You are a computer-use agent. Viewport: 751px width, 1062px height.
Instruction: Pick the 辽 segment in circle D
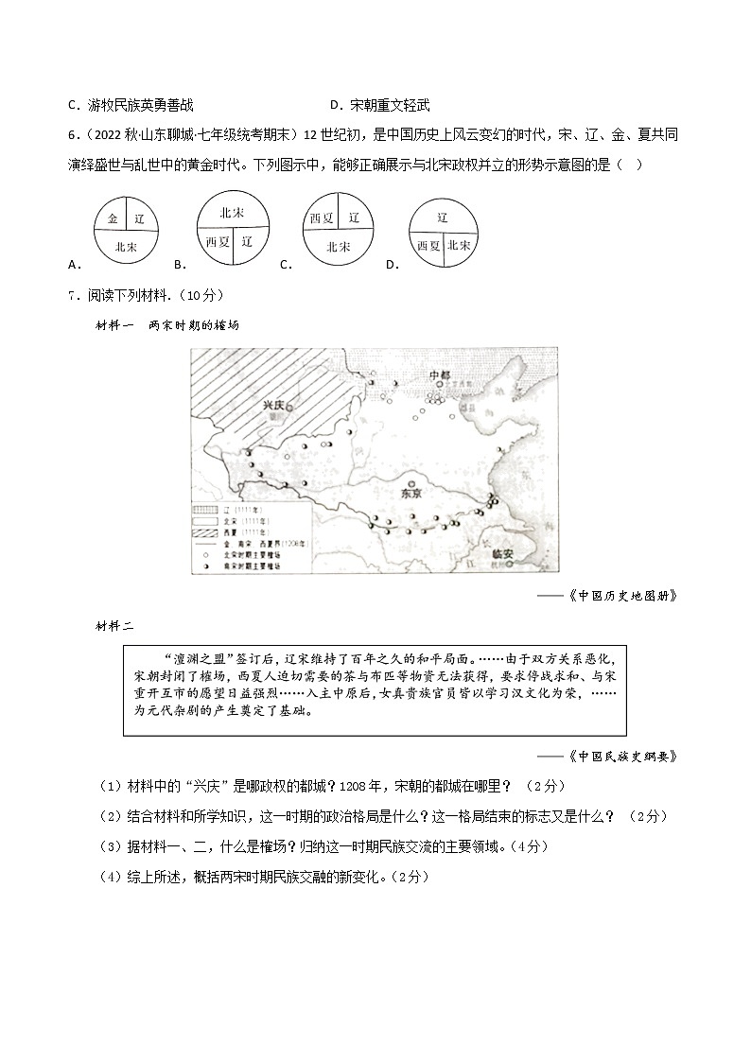(x=442, y=218)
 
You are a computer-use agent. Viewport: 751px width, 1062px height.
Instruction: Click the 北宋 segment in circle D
(x=460, y=244)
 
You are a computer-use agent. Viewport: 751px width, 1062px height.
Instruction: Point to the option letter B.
(x=179, y=265)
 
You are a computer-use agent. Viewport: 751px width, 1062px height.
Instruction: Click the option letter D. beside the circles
(x=392, y=265)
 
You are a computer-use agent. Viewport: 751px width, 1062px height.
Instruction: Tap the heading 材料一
(x=115, y=325)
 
